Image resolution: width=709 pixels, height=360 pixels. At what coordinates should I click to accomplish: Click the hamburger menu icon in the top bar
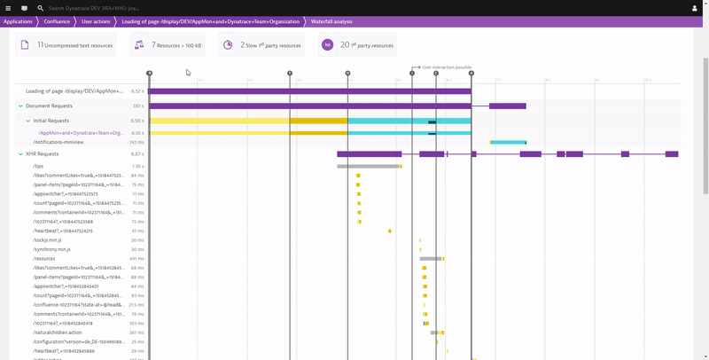point(8,7)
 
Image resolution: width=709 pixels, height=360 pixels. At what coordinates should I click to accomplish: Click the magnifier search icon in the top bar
point(41,7)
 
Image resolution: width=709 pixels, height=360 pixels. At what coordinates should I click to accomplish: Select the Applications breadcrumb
point(18,20)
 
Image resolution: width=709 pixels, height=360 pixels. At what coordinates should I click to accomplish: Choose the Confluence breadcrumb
point(57,20)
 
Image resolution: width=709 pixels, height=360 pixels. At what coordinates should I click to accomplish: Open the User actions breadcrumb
point(96,20)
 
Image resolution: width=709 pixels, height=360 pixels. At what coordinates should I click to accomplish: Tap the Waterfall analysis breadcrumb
point(332,20)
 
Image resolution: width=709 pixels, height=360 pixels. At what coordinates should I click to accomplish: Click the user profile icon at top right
point(699,7)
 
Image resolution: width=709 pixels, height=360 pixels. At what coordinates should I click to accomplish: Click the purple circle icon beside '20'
point(327,44)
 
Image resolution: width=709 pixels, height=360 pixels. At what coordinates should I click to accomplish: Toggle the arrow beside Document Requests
point(20,106)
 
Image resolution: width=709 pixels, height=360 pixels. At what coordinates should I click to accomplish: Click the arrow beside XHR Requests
point(20,153)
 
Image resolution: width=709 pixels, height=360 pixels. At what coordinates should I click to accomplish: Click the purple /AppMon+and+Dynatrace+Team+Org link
point(80,133)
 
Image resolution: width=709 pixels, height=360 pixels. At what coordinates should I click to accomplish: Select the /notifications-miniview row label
point(58,142)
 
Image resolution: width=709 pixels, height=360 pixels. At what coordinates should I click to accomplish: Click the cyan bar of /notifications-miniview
point(508,142)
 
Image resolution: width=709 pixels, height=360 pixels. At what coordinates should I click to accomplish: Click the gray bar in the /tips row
point(367,166)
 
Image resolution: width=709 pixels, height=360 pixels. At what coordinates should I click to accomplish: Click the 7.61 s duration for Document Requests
point(137,106)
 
